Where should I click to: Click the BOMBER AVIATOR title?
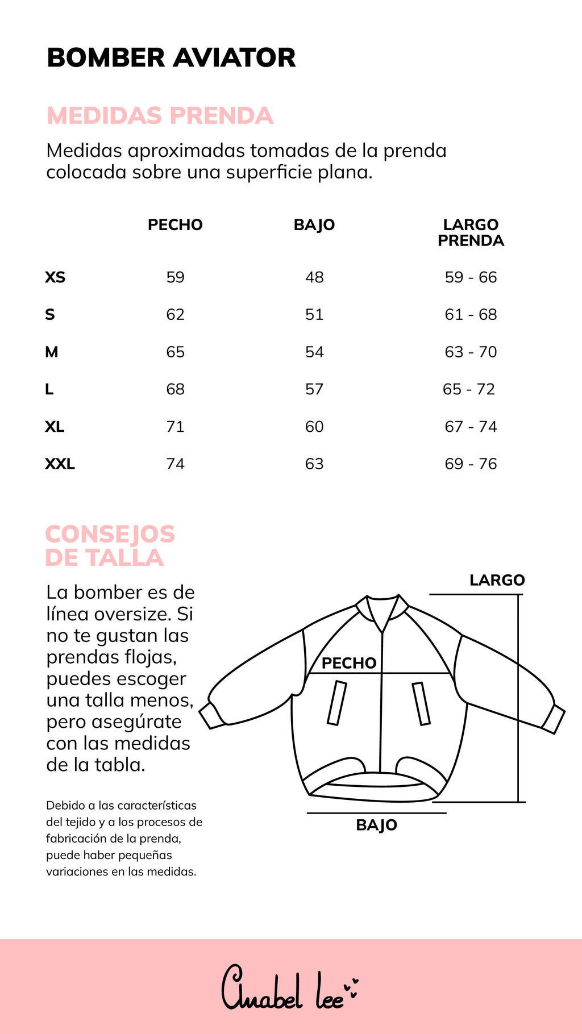click(x=171, y=58)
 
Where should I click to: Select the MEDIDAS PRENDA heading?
click(x=160, y=116)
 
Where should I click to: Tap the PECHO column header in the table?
click(x=175, y=225)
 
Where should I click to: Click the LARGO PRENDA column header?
click(x=471, y=232)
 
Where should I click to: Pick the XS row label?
click(x=55, y=277)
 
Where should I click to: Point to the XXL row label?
click(x=60, y=464)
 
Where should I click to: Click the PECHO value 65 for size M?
click(x=175, y=352)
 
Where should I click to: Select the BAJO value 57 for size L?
click(x=314, y=389)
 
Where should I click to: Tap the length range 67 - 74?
click(x=471, y=427)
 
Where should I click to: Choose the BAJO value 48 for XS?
click(x=314, y=277)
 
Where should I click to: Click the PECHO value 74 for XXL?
click(x=175, y=464)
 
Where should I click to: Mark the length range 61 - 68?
click(x=471, y=315)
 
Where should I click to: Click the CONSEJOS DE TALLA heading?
click(x=110, y=546)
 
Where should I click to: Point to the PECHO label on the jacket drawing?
click(x=349, y=663)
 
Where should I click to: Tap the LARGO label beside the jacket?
click(x=497, y=580)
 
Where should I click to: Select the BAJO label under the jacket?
click(x=376, y=825)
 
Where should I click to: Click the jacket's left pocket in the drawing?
click(x=337, y=703)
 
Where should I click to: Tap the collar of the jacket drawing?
click(x=383, y=611)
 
